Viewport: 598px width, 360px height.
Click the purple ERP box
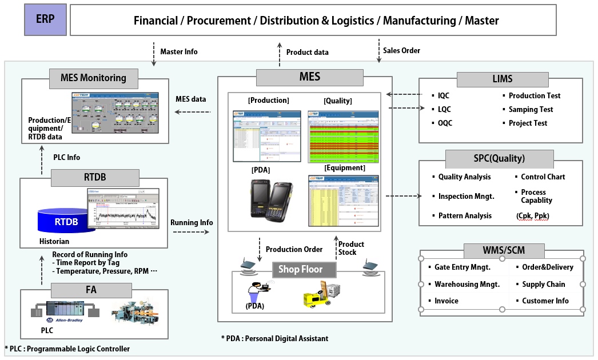(x=45, y=19)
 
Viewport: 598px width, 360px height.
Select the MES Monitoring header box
(x=93, y=78)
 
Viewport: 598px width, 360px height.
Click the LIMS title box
(x=503, y=79)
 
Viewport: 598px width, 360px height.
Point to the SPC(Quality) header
(x=500, y=159)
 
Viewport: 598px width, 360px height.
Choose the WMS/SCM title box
(x=503, y=250)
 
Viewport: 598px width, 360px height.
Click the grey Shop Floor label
(x=301, y=269)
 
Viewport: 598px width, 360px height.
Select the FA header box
(x=91, y=290)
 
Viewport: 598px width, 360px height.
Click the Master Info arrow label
(x=179, y=51)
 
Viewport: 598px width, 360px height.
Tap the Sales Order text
(x=401, y=50)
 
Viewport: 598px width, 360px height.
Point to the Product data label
(x=308, y=52)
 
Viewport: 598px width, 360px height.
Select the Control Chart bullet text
(x=543, y=177)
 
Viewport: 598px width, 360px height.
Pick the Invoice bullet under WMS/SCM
(x=446, y=301)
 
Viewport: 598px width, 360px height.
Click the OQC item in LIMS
(x=445, y=123)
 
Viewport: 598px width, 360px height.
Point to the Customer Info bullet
(x=545, y=301)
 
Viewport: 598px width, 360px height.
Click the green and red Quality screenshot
(x=344, y=137)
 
